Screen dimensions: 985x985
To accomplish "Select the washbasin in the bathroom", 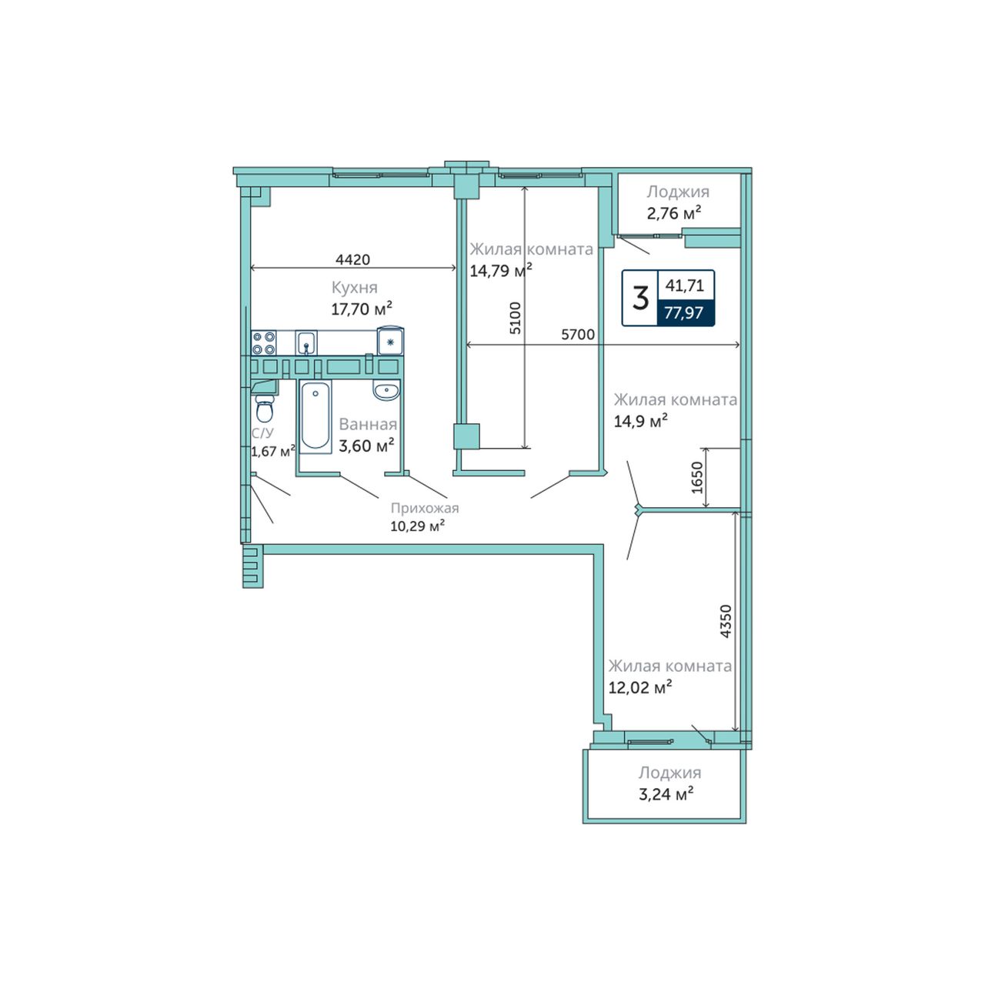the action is pyautogui.click(x=387, y=391).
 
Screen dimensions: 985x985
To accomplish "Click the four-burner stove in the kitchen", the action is pyautogui.click(x=264, y=343).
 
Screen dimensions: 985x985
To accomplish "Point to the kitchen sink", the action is pyautogui.click(x=306, y=342).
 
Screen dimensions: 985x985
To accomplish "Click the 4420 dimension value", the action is pyautogui.click(x=352, y=259).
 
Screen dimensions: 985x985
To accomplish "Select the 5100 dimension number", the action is pyautogui.click(x=516, y=318).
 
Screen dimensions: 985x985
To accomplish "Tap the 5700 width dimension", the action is pyautogui.click(x=578, y=334).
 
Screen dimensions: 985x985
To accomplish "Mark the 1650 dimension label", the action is pyautogui.click(x=697, y=477).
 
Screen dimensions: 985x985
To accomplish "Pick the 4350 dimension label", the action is pyautogui.click(x=726, y=621).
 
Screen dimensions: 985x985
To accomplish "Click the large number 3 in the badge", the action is pyautogui.click(x=640, y=298).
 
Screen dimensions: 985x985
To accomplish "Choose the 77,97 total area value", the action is pyautogui.click(x=684, y=312).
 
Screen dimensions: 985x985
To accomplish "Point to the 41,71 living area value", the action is pyautogui.click(x=684, y=285).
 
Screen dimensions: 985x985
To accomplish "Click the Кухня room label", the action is pyautogui.click(x=355, y=288).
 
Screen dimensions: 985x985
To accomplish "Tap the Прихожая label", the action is pyautogui.click(x=425, y=508).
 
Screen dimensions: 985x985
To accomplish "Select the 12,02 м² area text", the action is pyautogui.click(x=640, y=687).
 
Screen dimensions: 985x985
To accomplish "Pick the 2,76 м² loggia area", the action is pyautogui.click(x=673, y=212).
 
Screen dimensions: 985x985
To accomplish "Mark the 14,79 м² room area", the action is pyautogui.click(x=501, y=270).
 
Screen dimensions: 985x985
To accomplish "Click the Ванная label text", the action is pyautogui.click(x=368, y=424).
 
